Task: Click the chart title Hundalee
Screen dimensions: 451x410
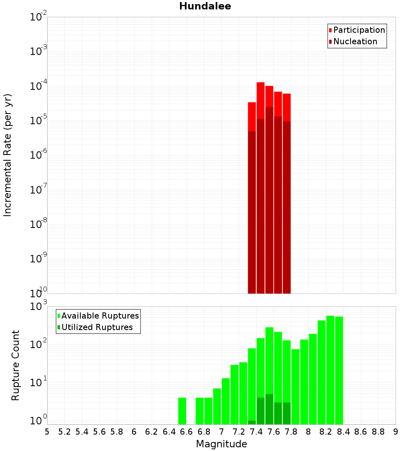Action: (x=205, y=7)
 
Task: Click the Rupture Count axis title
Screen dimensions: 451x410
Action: (x=16, y=365)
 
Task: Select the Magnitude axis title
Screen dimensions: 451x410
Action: (x=221, y=444)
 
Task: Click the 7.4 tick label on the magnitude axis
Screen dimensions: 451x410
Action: (x=256, y=432)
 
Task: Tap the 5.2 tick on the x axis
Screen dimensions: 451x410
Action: (x=65, y=432)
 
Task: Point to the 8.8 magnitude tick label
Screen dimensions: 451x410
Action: (x=378, y=432)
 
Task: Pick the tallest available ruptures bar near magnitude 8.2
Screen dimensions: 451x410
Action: (x=330, y=369)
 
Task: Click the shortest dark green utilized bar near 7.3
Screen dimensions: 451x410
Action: (x=252, y=422)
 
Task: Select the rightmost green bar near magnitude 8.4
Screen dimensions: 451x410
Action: (x=339, y=369)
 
